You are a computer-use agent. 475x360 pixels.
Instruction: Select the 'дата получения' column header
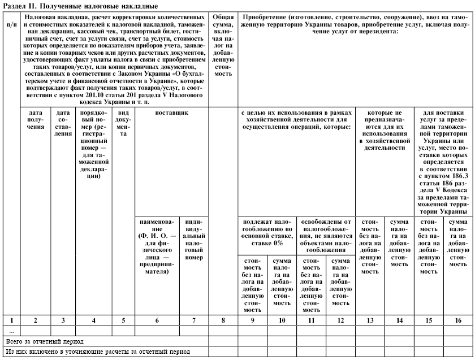pyautogui.click(x=36, y=124)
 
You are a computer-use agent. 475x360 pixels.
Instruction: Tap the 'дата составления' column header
pyautogui.click(x=63, y=124)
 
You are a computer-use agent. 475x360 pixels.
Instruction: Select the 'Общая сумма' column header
pyautogui.click(x=224, y=45)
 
